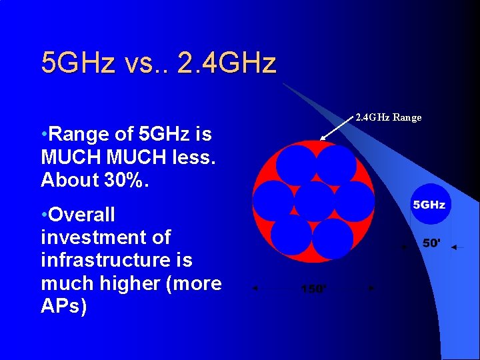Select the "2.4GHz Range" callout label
tap(388, 117)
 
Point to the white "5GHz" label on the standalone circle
tap(429, 204)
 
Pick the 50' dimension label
tap(431, 243)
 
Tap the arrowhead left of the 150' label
tap(254, 289)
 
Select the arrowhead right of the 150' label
tap(372, 288)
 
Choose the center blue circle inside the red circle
tap(314, 201)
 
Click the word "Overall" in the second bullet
tap(81, 215)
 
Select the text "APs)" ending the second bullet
tap(63, 306)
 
